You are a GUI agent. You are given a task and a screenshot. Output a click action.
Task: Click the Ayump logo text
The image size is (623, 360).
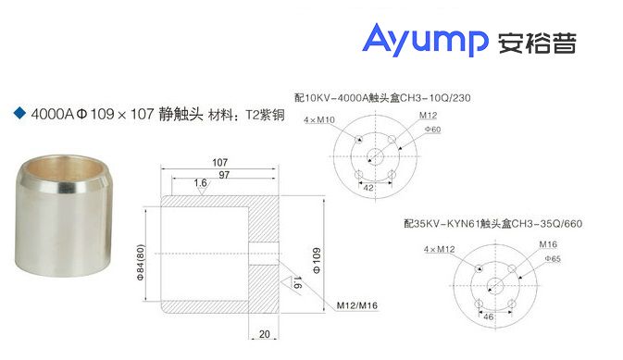[x=425, y=42]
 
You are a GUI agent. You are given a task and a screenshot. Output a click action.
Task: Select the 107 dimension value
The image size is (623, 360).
[x=218, y=161]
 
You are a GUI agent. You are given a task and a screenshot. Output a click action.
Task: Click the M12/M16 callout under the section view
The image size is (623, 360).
[x=358, y=304]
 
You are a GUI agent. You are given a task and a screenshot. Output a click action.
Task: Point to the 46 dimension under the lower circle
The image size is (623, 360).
[x=489, y=317]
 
